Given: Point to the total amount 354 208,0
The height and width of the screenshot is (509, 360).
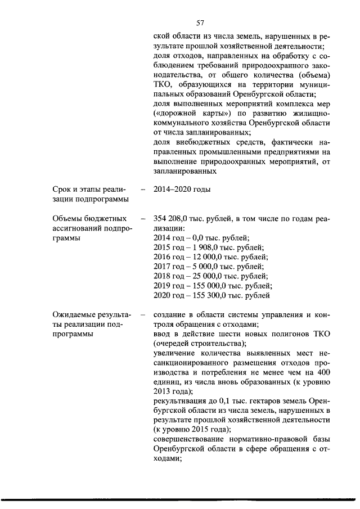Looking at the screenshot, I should (172, 219).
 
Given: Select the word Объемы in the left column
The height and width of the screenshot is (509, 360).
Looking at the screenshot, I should (61, 219).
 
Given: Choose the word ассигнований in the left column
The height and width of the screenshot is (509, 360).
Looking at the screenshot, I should (70, 228).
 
